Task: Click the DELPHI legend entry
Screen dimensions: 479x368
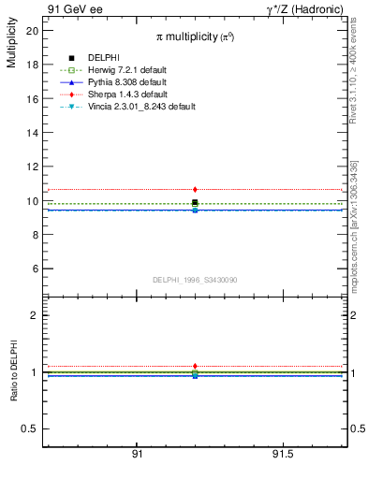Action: (102, 58)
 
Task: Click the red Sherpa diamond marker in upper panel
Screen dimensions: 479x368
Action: (195, 190)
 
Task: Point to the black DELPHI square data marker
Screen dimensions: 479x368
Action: (195, 202)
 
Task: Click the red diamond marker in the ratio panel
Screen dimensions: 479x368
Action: (195, 366)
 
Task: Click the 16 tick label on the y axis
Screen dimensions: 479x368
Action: (32, 99)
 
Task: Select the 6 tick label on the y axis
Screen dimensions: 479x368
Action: (35, 269)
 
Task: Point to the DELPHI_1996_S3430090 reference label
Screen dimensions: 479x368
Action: (195, 280)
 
